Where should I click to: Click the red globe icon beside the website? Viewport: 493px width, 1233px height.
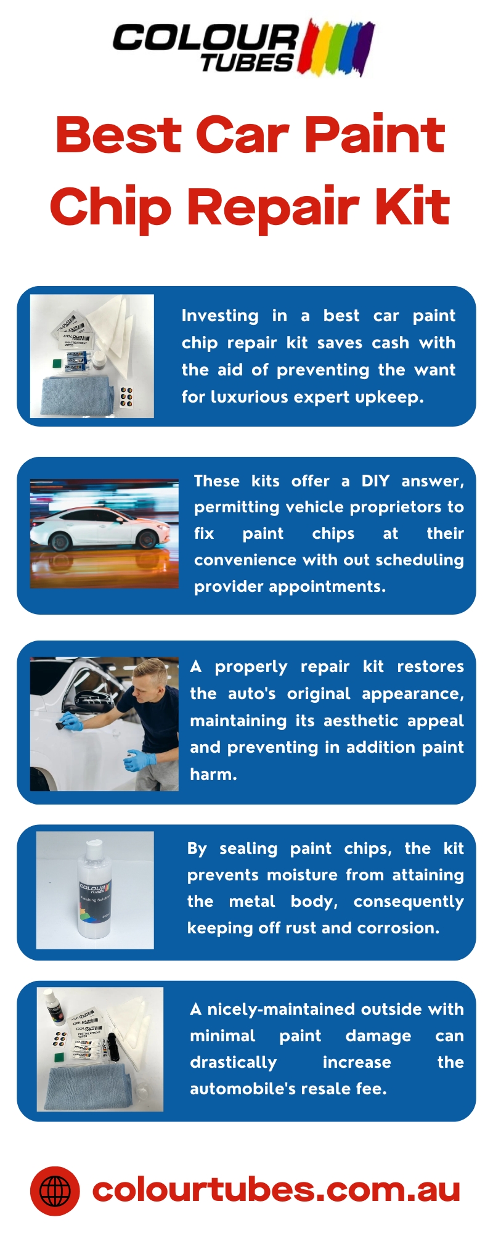tap(55, 1190)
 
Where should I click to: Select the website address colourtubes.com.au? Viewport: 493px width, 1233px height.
tap(276, 1190)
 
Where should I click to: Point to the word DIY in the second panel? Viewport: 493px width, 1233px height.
tap(375, 481)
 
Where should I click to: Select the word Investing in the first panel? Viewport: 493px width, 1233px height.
tap(220, 316)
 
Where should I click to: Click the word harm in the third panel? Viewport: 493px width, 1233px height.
tap(213, 774)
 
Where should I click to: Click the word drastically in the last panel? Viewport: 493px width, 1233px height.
tap(233, 1062)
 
